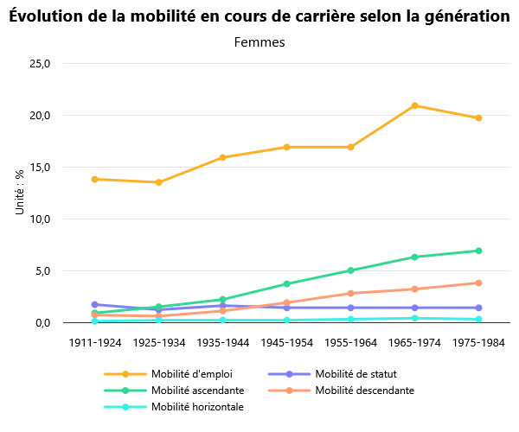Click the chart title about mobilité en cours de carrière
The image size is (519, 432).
(x=259, y=16)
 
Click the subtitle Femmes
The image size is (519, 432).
(x=259, y=41)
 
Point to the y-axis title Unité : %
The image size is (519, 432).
(x=20, y=193)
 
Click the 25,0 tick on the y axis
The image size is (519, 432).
(x=41, y=64)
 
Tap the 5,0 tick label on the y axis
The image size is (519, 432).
(x=43, y=271)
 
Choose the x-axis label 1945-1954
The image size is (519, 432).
(x=286, y=343)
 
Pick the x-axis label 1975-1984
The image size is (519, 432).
(x=479, y=343)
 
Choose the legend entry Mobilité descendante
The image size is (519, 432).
(x=364, y=391)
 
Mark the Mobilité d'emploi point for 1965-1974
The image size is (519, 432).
(x=415, y=105)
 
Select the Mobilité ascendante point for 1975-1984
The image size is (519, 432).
(x=479, y=251)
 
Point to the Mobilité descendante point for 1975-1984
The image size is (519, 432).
(x=479, y=283)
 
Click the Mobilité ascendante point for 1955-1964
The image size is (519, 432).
(x=350, y=270)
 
